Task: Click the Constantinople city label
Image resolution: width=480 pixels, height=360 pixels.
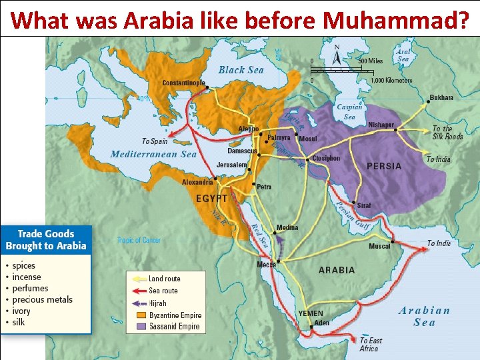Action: (x=184, y=83)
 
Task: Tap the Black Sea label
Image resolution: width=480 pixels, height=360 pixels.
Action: (x=241, y=69)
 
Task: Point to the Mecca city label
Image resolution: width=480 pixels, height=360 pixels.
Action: (x=267, y=265)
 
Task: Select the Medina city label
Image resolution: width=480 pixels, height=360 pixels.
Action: (x=287, y=228)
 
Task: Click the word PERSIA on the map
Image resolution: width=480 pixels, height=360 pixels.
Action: (x=385, y=165)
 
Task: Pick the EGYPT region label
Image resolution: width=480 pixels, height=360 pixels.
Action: (x=212, y=199)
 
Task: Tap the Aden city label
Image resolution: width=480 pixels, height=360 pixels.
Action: (x=322, y=323)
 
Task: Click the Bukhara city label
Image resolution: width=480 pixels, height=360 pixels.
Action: (x=441, y=97)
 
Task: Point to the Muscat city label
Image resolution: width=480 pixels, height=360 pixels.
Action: (x=380, y=246)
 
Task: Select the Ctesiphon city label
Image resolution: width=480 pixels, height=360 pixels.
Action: (x=326, y=158)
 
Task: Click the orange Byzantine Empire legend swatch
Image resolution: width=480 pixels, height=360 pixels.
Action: (x=140, y=315)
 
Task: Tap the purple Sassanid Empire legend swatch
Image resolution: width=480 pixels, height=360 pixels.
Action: (x=140, y=327)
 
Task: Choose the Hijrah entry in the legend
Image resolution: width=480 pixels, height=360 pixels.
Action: (x=157, y=303)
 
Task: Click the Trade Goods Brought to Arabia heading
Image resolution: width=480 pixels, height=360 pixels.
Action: (x=46, y=240)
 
